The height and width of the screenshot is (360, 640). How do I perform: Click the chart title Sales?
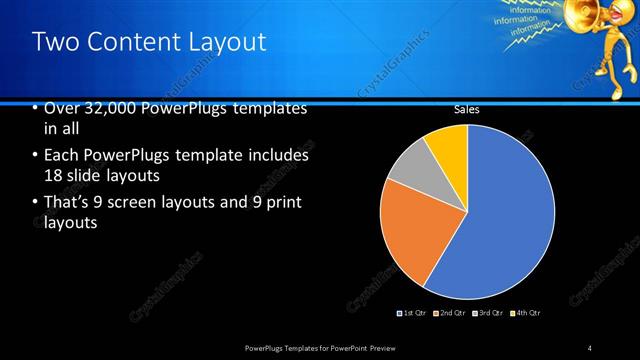pos(466,110)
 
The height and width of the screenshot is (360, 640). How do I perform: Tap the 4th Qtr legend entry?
pos(528,313)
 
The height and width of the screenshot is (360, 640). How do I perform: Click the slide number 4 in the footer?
pos(590,348)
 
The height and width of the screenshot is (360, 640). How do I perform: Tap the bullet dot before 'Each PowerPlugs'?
pos(36,157)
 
